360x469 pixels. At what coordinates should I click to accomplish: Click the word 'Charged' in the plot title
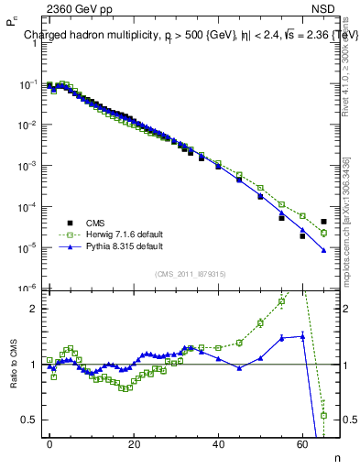[x=45, y=36]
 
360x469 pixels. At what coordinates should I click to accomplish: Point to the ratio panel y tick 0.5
[x=29, y=420]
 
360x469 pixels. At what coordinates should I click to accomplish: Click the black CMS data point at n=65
[x=323, y=222]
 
